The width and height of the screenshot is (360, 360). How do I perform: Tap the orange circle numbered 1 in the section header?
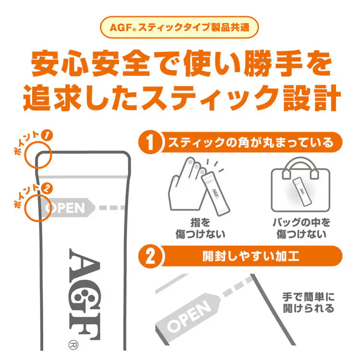pyautogui.click(x=150, y=143)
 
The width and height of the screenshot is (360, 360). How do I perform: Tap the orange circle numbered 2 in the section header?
pyautogui.click(x=150, y=256)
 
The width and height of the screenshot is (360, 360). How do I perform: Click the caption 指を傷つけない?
pyautogui.click(x=200, y=228)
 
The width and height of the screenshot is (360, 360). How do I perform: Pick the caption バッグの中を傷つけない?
pyautogui.click(x=302, y=228)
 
